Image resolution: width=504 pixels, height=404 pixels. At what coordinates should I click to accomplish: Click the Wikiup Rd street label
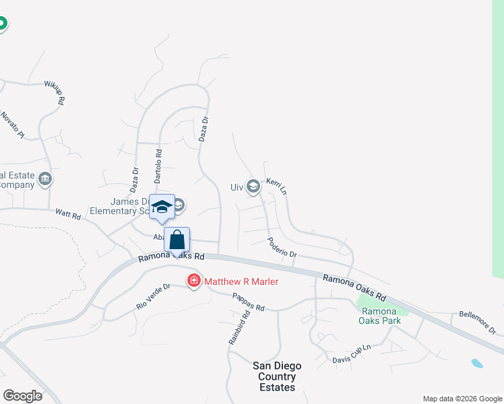56,92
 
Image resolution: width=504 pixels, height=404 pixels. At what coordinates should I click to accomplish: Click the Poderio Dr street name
282,247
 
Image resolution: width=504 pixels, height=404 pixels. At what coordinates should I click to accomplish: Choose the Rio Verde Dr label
154,296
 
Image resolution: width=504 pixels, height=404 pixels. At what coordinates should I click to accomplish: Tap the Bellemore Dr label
477,323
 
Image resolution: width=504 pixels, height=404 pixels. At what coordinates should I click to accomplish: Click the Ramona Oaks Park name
381,316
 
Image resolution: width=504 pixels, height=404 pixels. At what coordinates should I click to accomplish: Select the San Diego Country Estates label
277,376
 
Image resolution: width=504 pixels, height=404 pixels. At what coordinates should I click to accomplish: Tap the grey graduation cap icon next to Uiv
253,187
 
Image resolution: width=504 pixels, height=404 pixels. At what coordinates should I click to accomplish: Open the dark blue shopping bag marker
177,240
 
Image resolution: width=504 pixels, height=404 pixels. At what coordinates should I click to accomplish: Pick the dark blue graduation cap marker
162,207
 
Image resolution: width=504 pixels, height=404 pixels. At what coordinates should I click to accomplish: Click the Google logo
22,396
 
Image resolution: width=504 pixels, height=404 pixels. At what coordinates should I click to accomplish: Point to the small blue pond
477,364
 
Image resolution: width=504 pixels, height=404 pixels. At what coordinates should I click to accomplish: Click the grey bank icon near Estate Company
46,179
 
